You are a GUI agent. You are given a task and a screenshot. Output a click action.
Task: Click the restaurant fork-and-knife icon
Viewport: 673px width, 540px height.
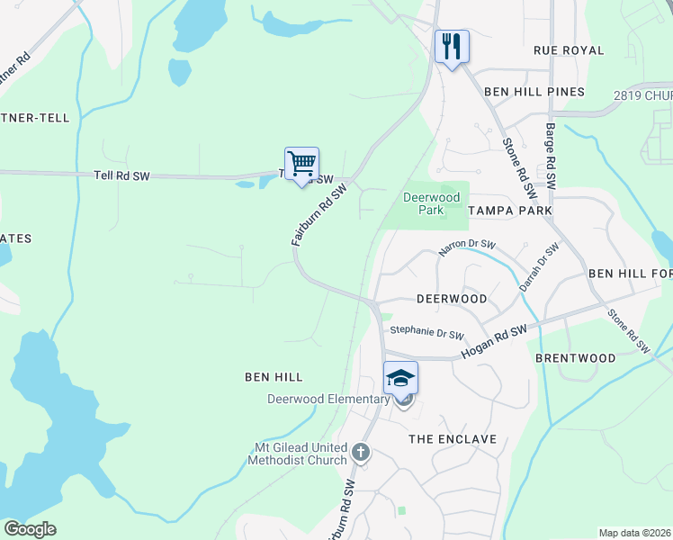click(x=452, y=46)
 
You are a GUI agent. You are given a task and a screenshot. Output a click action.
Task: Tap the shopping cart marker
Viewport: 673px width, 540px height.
click(x=301, y=164)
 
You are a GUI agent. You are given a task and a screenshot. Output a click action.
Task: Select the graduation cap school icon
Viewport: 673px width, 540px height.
click(x=400, y=378)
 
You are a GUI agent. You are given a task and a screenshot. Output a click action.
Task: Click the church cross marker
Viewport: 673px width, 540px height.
click(x=361, y=452)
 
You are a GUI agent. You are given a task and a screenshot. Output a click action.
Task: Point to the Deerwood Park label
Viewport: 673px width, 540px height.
click(x=432, y=203)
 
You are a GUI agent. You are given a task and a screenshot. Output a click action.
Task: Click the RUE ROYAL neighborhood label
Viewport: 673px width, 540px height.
click(x=569, y=50)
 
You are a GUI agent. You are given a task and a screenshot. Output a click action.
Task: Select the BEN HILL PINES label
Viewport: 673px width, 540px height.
click(x=534, y=92)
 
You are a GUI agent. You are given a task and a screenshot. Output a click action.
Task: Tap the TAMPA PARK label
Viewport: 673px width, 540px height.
click(x=510, y=210)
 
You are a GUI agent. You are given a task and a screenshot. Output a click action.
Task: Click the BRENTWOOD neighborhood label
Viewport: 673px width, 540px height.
click(x=575, y=358)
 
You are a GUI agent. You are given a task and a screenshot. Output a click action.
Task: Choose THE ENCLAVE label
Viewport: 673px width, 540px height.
click(x=453, y=439)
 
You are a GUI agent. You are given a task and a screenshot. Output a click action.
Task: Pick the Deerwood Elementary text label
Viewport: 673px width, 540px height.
click(x=328, y=400)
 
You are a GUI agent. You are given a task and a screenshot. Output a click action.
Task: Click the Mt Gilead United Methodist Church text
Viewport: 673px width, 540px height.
click(x=297, y=453)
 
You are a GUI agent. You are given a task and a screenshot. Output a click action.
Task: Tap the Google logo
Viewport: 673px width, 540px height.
click(x=30, y=529)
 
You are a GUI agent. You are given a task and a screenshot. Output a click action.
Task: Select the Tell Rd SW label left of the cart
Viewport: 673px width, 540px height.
click(x=122, y=176)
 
